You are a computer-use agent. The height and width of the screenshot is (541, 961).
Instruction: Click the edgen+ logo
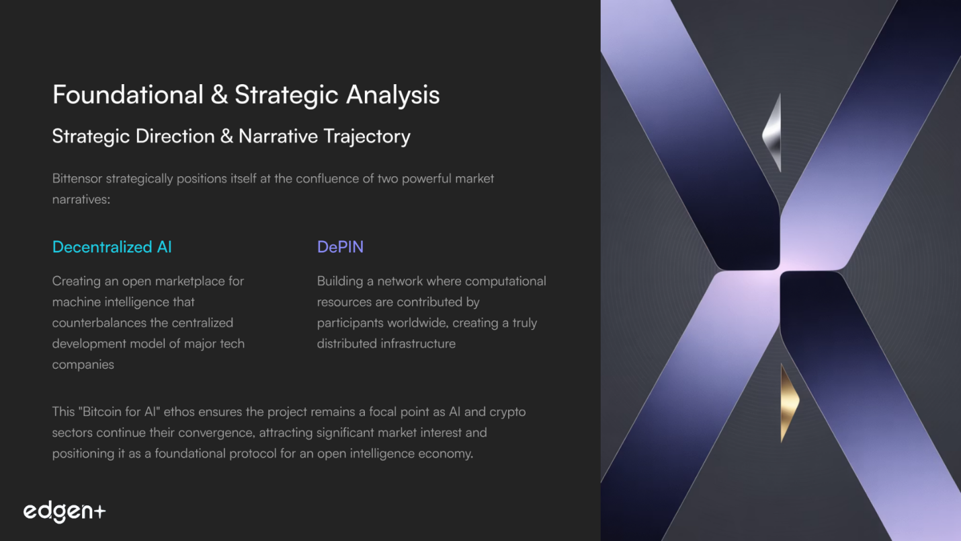coord(65,511)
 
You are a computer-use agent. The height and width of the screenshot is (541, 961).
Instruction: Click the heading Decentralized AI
coord(112,247)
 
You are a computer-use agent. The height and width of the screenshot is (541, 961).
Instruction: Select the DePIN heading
coord(340,247)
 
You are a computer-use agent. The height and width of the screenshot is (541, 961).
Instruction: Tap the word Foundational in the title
coord(128,94)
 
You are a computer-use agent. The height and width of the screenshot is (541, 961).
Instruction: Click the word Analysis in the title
coord(392,96)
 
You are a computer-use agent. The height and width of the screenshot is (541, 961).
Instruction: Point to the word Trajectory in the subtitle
coord(367,137)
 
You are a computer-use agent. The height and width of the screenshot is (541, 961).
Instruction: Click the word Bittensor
coord(77,178)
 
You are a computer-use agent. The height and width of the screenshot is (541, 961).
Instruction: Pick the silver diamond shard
coord(772,133)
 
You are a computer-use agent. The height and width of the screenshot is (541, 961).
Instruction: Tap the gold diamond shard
coord(790,402)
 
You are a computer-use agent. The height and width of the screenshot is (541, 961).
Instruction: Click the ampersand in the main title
coord(219,95)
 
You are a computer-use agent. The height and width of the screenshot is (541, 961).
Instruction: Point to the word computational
coord(505,281)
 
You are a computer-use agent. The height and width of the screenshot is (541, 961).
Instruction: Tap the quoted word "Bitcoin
coord(99,412)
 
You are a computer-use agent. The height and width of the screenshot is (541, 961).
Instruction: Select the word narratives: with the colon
coord(81,199)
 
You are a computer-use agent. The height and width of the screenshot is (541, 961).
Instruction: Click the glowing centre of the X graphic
coord(780,270)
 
